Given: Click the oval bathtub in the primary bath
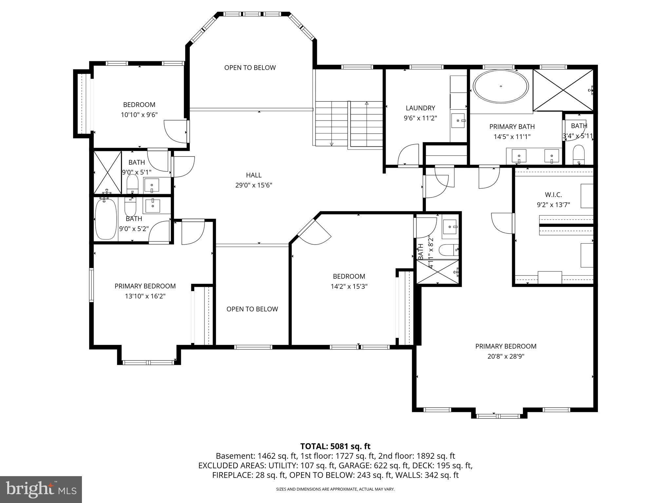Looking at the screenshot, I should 501,86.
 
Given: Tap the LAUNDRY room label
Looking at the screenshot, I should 420,108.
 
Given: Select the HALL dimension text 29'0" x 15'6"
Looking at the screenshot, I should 254,185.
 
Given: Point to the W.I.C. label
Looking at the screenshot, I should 553,195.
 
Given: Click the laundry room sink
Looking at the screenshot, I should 458,121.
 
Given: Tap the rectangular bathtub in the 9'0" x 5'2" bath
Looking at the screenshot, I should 105,218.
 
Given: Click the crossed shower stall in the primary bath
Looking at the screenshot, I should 563,90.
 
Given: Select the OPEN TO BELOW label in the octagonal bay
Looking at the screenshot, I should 250,68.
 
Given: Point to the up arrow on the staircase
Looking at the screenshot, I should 367,103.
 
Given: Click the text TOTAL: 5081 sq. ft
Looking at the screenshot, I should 335,446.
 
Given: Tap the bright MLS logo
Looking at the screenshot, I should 41,490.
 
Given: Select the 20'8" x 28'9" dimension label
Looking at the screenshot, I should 506,356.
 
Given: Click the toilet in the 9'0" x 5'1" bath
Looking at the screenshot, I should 132,184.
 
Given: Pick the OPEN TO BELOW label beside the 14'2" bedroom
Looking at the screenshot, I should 252,309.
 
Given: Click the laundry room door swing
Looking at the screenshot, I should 409,155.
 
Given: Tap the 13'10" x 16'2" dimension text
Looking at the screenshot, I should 145,296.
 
